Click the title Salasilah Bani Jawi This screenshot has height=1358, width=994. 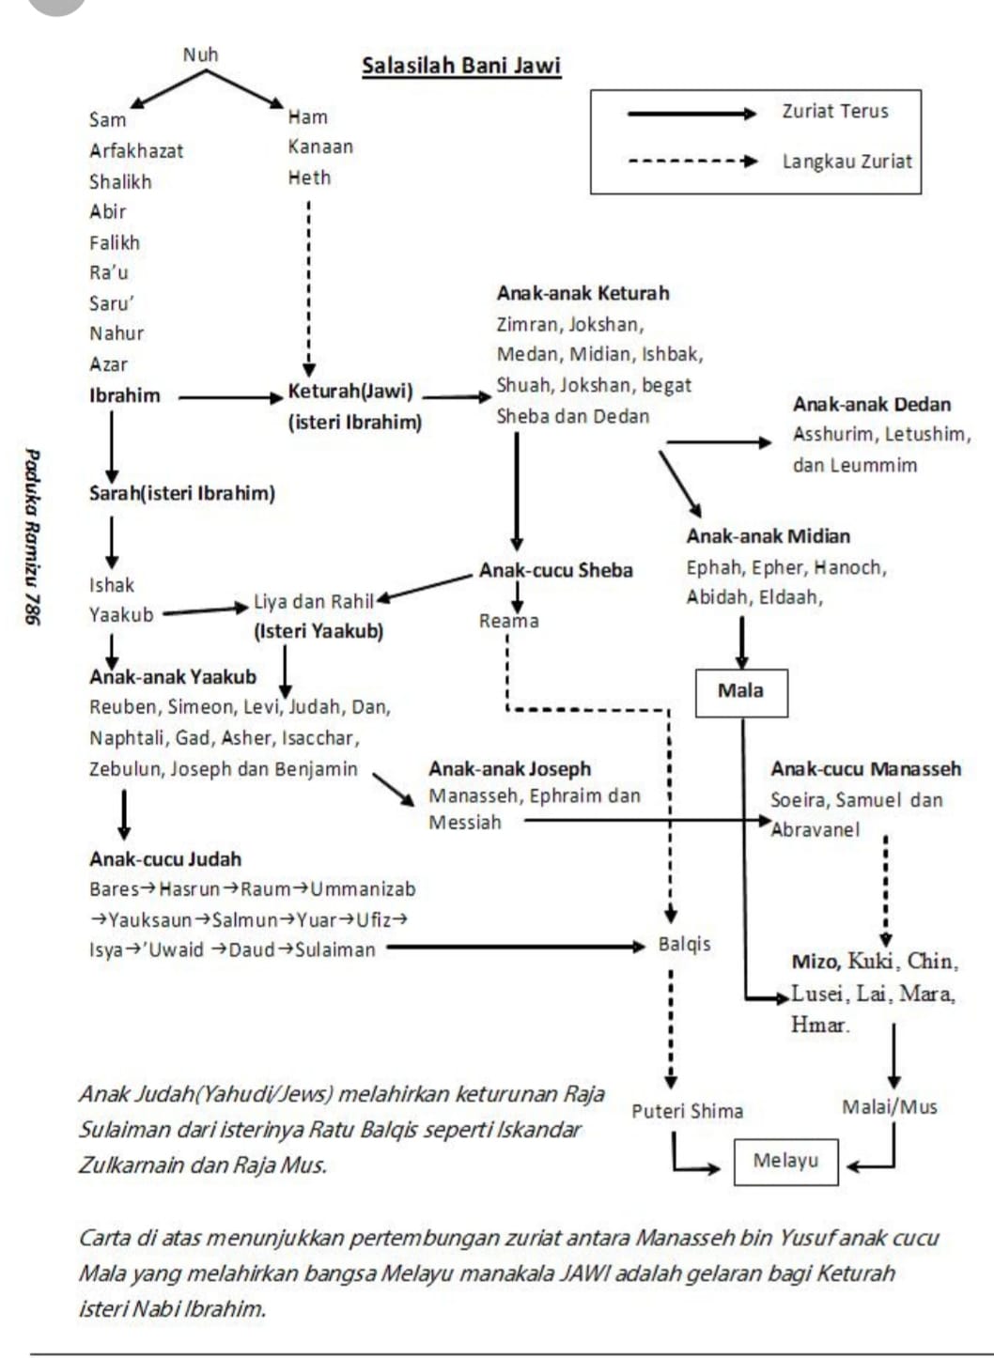pos(461,66)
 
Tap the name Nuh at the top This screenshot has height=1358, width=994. pos(200,54)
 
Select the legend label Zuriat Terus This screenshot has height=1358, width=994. pos(835,112)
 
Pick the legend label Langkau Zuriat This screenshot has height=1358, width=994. pos(846,162)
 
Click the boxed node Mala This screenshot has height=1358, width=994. pos(741,693)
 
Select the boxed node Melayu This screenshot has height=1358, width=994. pos(786,1162)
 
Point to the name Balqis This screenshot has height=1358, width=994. pos(684,945)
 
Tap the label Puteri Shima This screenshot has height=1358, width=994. pos(687,1111)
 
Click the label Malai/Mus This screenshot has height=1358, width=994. pos(890,1107)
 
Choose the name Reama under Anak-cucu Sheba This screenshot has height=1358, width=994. pos(509,621)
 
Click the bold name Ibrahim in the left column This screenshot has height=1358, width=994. pos(125,396)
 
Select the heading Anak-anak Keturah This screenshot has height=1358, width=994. pos(582,293)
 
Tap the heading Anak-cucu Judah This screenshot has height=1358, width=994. pos(165,859)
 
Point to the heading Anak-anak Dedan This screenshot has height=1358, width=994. pos(872,405)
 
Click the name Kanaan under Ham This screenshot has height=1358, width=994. pos(320,147)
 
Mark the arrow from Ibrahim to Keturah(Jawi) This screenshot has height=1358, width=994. pos(231,397)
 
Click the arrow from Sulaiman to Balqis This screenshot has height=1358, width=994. pos(516,947)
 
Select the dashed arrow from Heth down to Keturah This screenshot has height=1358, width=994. pos(309,288)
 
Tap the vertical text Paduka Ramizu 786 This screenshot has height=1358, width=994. pos(32,536)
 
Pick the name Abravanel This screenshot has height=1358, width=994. pos(815,830)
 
